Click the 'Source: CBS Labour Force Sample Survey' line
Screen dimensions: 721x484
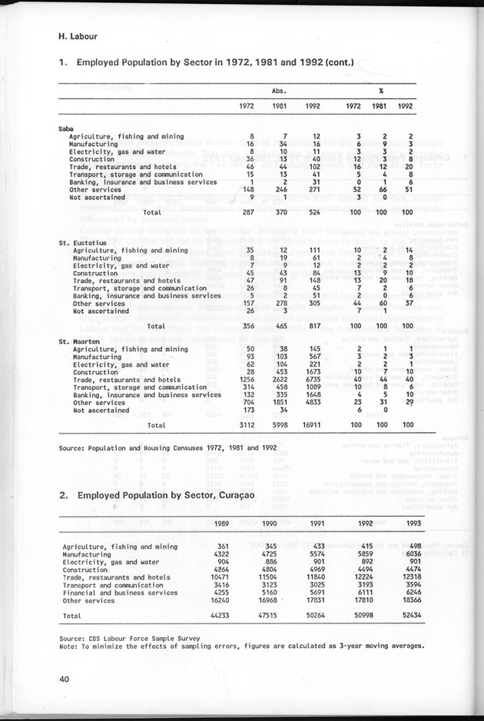(128, 638)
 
